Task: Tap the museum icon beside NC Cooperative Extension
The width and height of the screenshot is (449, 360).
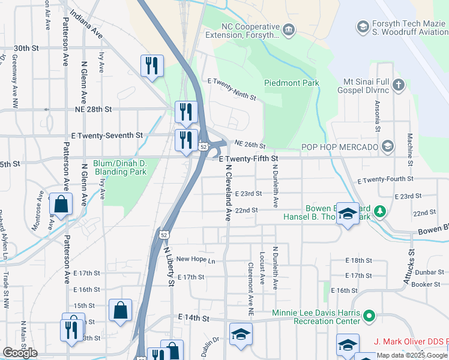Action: point(289,29)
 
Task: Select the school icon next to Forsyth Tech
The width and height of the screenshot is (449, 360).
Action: point(362,26)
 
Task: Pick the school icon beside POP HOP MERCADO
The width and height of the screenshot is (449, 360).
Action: point(387,146)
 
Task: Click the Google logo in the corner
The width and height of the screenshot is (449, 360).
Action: point(20,353)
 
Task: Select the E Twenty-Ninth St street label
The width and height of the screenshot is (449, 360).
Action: point(231,88)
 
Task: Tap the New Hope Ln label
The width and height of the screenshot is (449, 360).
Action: point(195,260)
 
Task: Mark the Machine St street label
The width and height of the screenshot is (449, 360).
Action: point(410,150)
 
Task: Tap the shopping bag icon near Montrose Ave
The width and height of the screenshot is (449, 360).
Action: point(61,204)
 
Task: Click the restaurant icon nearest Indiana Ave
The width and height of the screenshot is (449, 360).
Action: point(152,65)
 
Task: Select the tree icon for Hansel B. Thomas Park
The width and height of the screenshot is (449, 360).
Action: point(379,211)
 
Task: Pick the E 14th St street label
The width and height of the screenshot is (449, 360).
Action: point(193,317)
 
